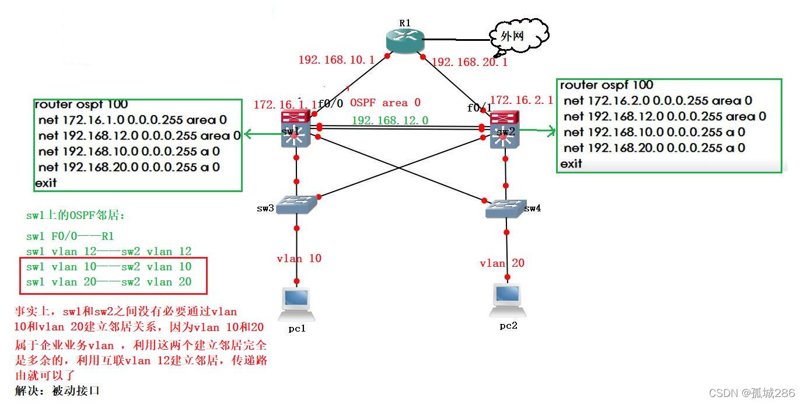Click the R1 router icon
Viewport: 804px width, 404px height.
click(x=404, y=40)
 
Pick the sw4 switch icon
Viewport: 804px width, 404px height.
click(x=506, y=208)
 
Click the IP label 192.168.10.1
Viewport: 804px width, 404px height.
click(x=337, y=60)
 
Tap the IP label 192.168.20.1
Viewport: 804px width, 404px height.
click(x=470, y=62)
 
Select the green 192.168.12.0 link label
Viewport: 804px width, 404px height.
click(x=390, y=120)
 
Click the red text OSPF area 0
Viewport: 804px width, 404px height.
click(x=385, y=103)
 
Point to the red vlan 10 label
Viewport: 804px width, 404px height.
click(x=299, y=258)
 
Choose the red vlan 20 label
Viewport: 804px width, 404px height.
click(x=502, y=263)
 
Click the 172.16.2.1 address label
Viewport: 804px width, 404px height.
click(x=521, y=100)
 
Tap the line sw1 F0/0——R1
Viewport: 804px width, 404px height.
click(x=70, y=236)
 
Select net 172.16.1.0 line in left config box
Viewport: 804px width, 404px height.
click(x=132, y=120)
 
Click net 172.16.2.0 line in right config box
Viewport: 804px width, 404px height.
click(x=658, y=100)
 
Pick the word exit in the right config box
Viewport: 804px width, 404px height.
click(x=571, y=164)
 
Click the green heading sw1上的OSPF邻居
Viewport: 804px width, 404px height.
click(x=76, y=215)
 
